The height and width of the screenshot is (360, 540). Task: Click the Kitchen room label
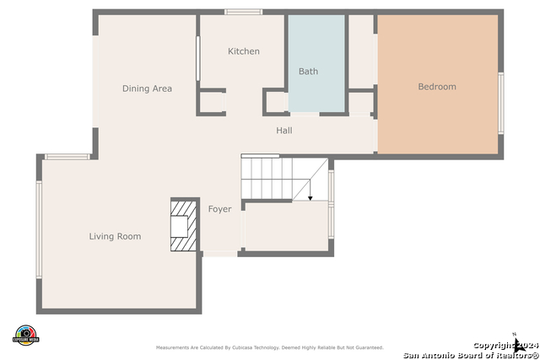click(244, 51)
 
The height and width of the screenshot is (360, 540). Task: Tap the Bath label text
click(309, 72)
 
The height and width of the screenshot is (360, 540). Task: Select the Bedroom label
click(437, 87)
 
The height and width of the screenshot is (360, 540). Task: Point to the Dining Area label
click(148, 89)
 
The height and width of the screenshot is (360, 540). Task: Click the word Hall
click(284, 131)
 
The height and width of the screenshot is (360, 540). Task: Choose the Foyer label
click(219, 209)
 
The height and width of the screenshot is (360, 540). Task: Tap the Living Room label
click(115, 237)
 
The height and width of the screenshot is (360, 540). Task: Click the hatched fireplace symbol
click(183, 225)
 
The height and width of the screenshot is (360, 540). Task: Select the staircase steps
click(267, 178)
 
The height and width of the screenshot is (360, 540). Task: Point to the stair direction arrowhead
click(310, 198)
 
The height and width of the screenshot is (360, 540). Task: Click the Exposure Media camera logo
click(25, 335)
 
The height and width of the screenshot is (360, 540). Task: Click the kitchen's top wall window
click(243, 12)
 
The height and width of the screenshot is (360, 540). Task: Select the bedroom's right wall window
click(501, 103)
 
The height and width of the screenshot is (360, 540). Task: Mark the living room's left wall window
click(39, 229)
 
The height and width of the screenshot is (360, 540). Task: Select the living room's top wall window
click(67, 156)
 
